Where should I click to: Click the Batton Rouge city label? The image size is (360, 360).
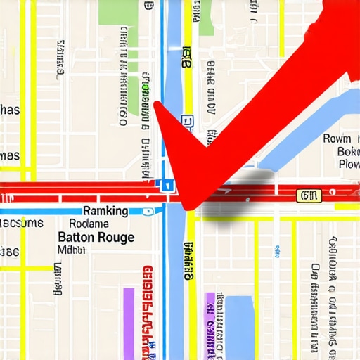click(x=96, y=238)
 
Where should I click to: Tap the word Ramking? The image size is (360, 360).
click(x=105, y=211)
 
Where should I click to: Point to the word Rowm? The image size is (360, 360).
click(x=337, y=139)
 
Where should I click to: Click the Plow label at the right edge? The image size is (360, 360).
click(x=349, y=165)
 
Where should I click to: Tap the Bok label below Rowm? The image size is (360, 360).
click(x=348, y=152)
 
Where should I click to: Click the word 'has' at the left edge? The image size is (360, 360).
click(x=9, y=110)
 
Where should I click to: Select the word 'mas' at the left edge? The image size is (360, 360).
click(x=9, y=155)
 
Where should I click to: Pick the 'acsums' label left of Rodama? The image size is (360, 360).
click(x=21, y=224)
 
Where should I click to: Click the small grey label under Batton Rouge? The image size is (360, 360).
click(x=70, y=250)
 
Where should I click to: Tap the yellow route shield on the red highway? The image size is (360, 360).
click(x=309, y=195)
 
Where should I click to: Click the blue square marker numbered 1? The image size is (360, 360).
click(x=167, y=186)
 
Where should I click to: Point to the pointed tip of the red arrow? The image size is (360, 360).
click(x=188, y=206)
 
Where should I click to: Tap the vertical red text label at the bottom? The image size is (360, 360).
click(x=147, y=309)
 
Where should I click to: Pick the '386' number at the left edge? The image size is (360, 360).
click(x=9, y=252)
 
